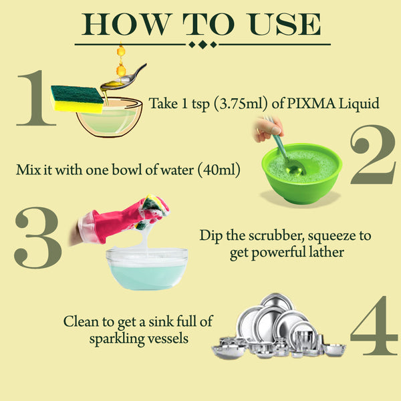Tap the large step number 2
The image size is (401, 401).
coord(373,153)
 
